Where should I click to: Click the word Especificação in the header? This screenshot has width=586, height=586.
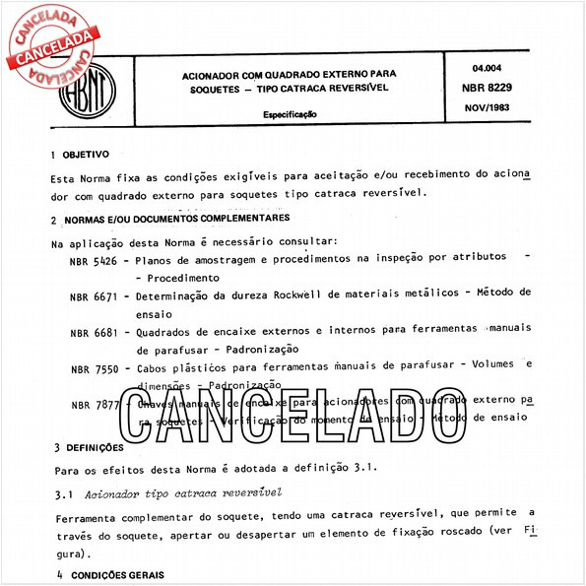click(290, 114)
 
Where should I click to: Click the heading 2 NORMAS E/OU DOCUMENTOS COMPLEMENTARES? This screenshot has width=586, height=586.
click(170, 218)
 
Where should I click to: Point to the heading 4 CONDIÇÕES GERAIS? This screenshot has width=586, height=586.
click(108, 574)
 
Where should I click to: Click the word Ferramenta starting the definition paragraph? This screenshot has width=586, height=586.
click(88, 514)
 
